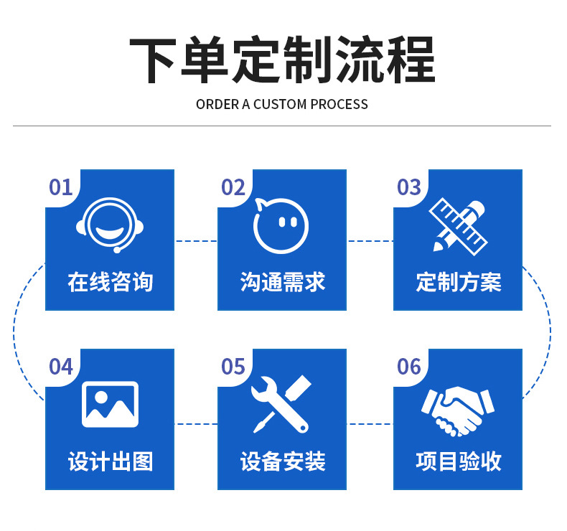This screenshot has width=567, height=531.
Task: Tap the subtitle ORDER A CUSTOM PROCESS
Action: (282, 105)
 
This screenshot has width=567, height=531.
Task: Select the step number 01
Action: (61, 188)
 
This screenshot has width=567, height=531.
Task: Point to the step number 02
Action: (233, 188)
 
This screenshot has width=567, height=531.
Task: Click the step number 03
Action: (409, 188)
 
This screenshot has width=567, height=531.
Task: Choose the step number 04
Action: (61, 367)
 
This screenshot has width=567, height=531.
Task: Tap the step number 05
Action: (233, 367)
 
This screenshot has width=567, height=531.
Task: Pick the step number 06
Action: (409, 367)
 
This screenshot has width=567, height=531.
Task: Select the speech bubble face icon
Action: (281, 225)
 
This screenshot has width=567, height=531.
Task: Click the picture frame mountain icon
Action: (110, 404)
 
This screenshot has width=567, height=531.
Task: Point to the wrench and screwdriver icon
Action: (281, 404)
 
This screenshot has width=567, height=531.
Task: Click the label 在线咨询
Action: (110, 282)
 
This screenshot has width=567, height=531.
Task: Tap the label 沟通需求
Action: (282, 282)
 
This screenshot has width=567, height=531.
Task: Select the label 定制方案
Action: (458, 282)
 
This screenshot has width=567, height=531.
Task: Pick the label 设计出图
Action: (110, 461)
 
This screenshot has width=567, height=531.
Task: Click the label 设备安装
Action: (282, 461)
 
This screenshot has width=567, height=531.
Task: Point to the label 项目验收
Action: (458, 461)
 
